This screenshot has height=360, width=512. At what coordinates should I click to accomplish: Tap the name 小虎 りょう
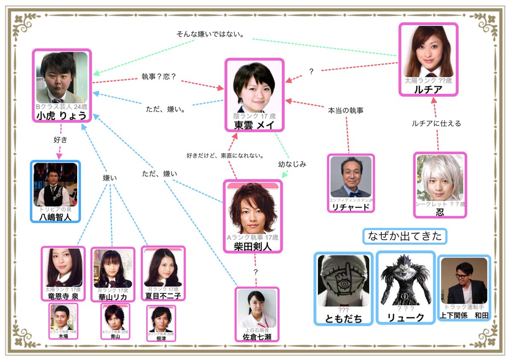[x=61, y=116]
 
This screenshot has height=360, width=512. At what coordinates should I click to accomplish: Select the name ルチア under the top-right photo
[x=428, y=90]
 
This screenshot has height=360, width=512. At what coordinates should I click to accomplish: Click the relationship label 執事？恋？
[x=159, y=77]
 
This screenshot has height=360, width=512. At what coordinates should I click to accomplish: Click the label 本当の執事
[x=346, y=110]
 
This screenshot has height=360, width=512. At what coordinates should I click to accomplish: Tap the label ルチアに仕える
[x=436, y=123]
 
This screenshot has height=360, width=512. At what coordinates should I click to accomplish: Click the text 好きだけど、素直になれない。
[x=225, y=155]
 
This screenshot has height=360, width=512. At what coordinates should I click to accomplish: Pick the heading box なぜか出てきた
[x=404, y=236]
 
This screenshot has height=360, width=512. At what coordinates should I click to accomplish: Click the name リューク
[x=405, y=317]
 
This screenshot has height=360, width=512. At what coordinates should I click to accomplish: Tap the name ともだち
[x=343, y=319]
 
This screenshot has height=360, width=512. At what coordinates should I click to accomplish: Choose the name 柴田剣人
[x=253, y=247]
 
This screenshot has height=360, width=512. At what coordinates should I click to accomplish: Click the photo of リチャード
[x=351, y=177]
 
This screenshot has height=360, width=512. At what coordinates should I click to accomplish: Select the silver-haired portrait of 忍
[x=440, y=178]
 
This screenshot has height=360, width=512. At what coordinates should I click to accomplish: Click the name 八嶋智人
[x=55, y=217]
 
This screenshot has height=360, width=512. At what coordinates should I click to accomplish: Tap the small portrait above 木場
[x=63, y=317]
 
